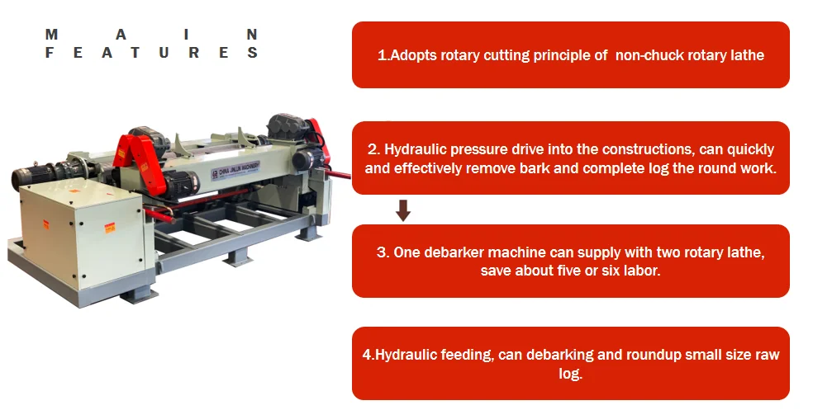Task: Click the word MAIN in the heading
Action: (x=152, y=35)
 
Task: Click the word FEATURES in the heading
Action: (x=152, y=53)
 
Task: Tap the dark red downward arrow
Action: (x=403, y=211)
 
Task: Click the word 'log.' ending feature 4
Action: (x=570, y=373)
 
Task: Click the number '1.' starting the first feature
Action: (x=383, y=55)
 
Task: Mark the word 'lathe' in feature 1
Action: (x=748, y=55)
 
